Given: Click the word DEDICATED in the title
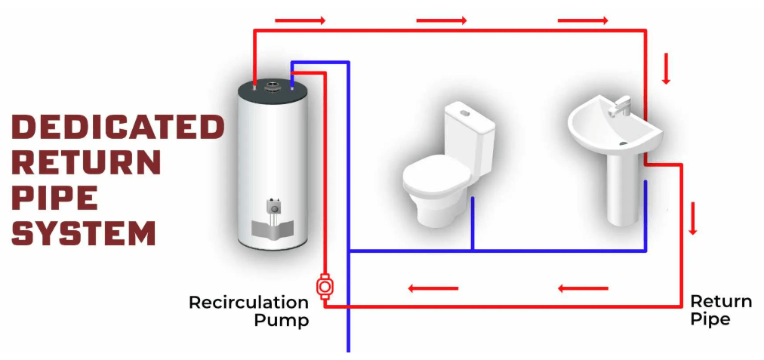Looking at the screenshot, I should tap(118, 127).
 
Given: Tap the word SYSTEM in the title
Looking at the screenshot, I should tap(84, 232).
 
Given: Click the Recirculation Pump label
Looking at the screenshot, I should tap(248, 311).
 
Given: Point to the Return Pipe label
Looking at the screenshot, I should tap(721, 310).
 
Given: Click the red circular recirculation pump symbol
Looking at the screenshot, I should tap(325, 287).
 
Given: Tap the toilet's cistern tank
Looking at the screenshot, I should tap(467, 125).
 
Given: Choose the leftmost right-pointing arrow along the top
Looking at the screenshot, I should tap(300, 20).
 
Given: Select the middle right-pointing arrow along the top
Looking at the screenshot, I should tap(442, 20).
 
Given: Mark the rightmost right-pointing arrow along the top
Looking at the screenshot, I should tap(583, 20).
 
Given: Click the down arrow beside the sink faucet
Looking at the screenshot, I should tap(666, 69).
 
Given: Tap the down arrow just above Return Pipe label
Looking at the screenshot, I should tap(692, 218).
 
